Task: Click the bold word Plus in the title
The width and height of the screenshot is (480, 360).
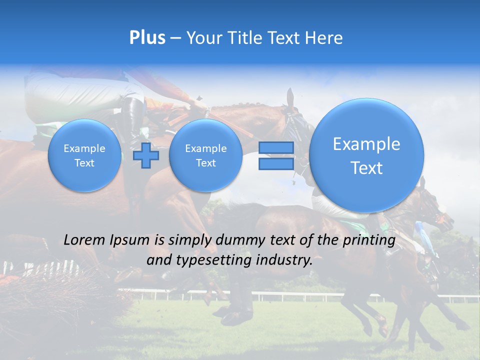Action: [147, 38]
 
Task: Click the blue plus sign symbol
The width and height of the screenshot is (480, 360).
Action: [146, 155]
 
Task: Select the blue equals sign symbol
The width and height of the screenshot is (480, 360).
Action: [276, 155]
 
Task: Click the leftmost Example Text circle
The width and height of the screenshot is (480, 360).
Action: [84, 155]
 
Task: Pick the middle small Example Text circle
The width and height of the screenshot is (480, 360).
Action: [205, 155]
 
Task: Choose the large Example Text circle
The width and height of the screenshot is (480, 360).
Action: [366, 155]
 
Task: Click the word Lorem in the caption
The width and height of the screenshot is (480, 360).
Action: [85, 240]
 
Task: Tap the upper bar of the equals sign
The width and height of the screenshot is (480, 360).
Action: [276, 147]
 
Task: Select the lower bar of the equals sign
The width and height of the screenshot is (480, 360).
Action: [276, 163]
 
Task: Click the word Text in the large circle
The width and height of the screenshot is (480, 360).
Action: [366, 168]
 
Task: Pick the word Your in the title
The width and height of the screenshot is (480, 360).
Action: [205, 38]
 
